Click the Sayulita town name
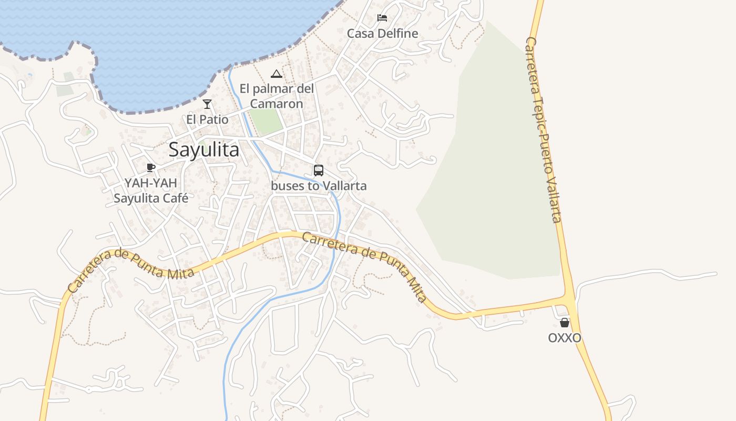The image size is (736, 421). tap(204, 150)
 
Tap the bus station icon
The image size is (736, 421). tap(319, 171)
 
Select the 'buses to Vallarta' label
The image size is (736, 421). tap(319, 186)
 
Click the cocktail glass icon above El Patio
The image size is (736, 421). tap(207, 104)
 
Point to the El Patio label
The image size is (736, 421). tap(207, 119)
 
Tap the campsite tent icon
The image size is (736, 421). tap(276, 74)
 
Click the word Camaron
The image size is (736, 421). tap(277, 104)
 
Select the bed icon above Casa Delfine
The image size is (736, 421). tap(382, 18)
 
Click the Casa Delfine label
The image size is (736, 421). tap(382, 34)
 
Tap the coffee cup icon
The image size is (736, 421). tap(151, 168)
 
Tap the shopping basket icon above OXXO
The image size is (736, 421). tap(565, 323)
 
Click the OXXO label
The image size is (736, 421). tap(565, 338)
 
